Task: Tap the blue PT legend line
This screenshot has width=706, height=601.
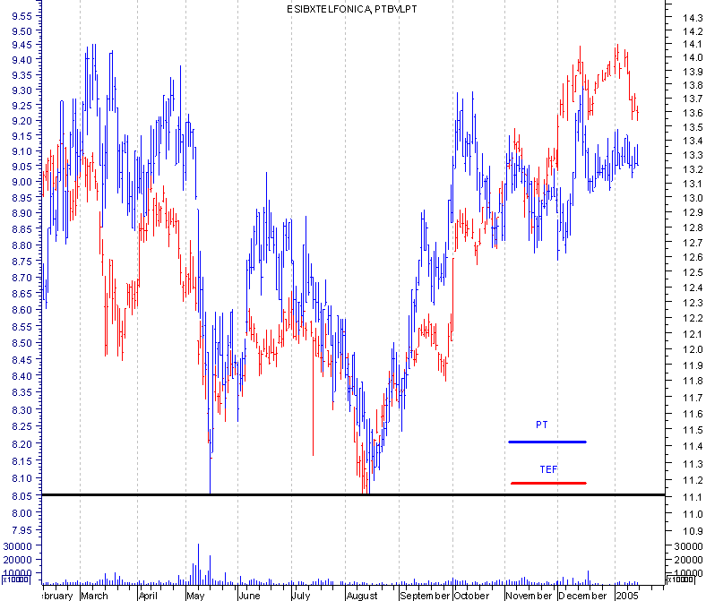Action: pyautogui.click(x=547, y=442)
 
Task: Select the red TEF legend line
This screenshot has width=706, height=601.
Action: pyautogui.click(x=548, y=483)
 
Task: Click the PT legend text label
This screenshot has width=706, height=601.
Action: pyautogui.click(x=541, y=424)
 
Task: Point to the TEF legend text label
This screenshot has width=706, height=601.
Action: pyautogui.click(x=548, y=468)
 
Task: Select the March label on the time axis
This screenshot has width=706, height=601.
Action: pyautogui.click(x=94, y=595)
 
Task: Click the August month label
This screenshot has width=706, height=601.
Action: pyautogui.click(x=362, y=595)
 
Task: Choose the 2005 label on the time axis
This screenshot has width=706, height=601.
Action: pyautogui.click(x=627, y=595)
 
